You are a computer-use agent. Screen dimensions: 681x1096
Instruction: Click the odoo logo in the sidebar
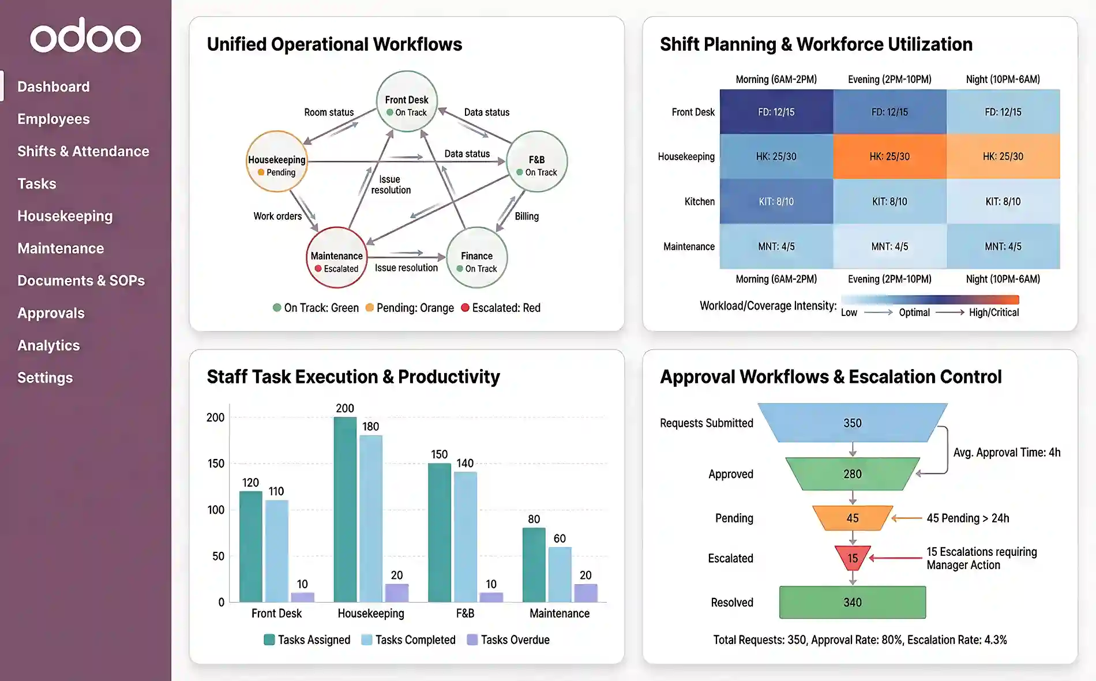(85, 36)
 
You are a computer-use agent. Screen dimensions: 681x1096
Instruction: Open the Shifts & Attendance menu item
(83, 151)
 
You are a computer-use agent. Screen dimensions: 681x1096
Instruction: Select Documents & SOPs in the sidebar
(81, 281)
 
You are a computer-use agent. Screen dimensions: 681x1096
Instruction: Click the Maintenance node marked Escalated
(336, 258)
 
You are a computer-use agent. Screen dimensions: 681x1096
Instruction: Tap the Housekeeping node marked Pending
(277, 161)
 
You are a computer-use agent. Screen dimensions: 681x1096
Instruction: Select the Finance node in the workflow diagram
(476, 258)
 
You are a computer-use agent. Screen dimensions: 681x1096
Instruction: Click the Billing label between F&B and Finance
(527, 216)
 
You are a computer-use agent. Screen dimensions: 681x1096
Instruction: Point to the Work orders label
(277, 216)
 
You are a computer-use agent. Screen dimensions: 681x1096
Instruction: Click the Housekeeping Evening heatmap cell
(889, 156)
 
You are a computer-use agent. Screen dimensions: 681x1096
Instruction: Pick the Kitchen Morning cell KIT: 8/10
(776, 201)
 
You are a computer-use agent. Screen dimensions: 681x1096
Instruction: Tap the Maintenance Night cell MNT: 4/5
(1003, 246)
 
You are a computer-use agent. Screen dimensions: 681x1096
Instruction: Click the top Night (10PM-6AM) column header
(1003, 80)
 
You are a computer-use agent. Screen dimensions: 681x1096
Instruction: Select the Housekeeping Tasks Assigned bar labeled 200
(345, 509)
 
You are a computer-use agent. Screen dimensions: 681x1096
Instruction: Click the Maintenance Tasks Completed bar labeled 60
(560, 574)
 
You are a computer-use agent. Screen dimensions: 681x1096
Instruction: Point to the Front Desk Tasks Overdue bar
(302, 597)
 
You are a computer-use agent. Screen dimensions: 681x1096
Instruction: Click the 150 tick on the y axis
(216, 464)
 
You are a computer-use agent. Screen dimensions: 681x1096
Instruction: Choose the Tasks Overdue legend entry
(508, 639)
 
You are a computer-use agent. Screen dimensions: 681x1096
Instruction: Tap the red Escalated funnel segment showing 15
(852, 557)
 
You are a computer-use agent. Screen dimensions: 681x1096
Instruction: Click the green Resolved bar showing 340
(852, 602)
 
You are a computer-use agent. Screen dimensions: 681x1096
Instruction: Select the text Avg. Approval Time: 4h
(1006, 453)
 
